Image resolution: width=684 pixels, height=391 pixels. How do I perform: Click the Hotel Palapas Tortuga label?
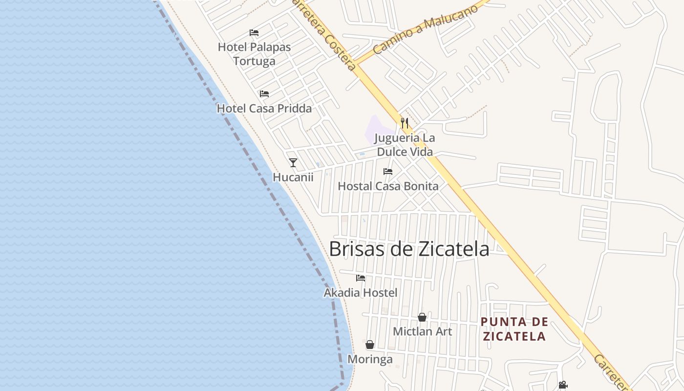[254, 54]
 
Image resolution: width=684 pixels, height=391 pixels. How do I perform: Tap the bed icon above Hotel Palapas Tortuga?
[254, 33]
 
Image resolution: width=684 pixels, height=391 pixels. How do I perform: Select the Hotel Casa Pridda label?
[264, 109]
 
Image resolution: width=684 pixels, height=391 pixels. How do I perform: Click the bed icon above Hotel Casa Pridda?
[264, 93]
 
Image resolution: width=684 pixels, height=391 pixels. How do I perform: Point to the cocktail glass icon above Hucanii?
[293, 163]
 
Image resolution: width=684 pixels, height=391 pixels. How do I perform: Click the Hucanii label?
[293, 177]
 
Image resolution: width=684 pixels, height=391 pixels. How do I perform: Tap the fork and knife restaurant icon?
[405, 123]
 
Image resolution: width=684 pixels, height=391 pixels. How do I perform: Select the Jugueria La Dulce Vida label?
[405, 145]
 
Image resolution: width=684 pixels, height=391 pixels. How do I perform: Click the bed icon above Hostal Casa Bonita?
[388, 172]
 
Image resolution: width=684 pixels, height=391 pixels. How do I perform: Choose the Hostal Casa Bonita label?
[388, 186]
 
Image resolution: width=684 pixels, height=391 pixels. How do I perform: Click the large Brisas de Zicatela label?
[409, 249]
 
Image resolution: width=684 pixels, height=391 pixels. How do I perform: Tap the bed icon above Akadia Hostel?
[361, 278]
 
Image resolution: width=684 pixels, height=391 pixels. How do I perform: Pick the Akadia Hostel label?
[361, 293]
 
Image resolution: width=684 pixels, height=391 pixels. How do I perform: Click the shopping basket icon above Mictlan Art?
[422, 318]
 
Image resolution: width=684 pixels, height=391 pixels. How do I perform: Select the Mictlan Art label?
[422, 331]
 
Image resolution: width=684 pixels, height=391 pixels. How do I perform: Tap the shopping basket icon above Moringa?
[370, 345]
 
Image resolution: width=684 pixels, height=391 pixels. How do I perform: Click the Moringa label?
[370, 359]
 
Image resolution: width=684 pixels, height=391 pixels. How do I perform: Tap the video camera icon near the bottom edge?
[563, 385]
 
